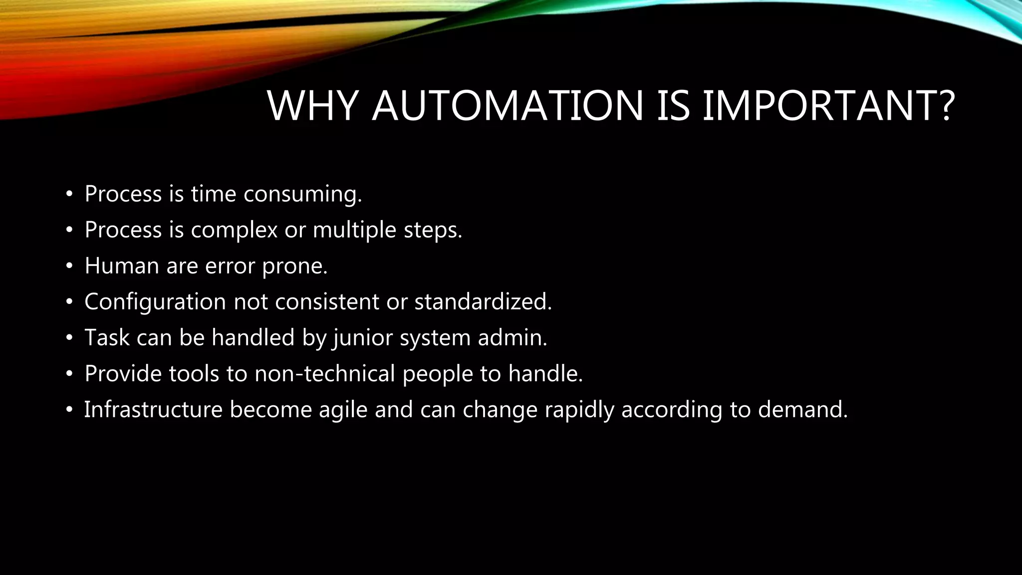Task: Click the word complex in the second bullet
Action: (x=234, y=230)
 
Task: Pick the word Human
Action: (x=121, y=266)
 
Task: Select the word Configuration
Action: (x=155, y=302)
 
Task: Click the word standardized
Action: (x=483, y=302)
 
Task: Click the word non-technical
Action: (x=325, y=374)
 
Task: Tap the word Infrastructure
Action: (x=153, y=410)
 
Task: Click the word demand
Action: (x=803, y=410)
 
